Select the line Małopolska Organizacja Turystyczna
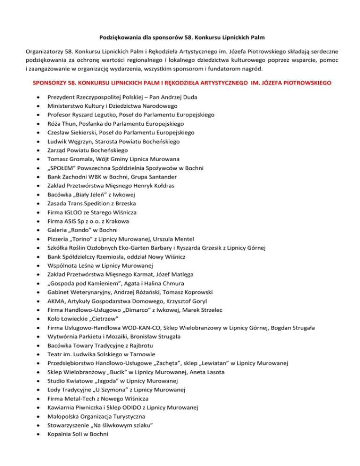[93, 416]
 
